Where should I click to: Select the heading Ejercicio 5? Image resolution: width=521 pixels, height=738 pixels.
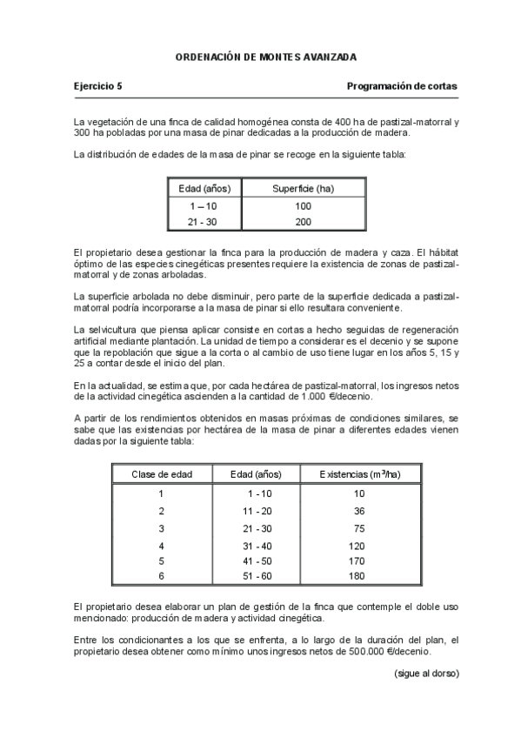(98, 86)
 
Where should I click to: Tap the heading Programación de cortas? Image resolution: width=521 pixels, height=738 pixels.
(402, 86)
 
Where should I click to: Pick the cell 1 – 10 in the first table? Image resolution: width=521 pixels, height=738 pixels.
(203, 206)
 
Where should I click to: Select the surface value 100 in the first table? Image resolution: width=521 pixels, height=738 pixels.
(303, 206)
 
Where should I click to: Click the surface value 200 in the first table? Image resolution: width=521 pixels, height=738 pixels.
(303, 223)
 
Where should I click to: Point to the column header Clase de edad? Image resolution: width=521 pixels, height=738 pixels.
(161, 474)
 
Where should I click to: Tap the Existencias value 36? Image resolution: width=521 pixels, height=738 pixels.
(359, 511)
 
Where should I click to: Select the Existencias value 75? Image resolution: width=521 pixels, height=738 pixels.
(359, 528)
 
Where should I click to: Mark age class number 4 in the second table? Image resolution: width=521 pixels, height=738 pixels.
(161, 546)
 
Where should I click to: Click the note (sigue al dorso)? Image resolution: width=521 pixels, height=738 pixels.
(426, 674)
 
